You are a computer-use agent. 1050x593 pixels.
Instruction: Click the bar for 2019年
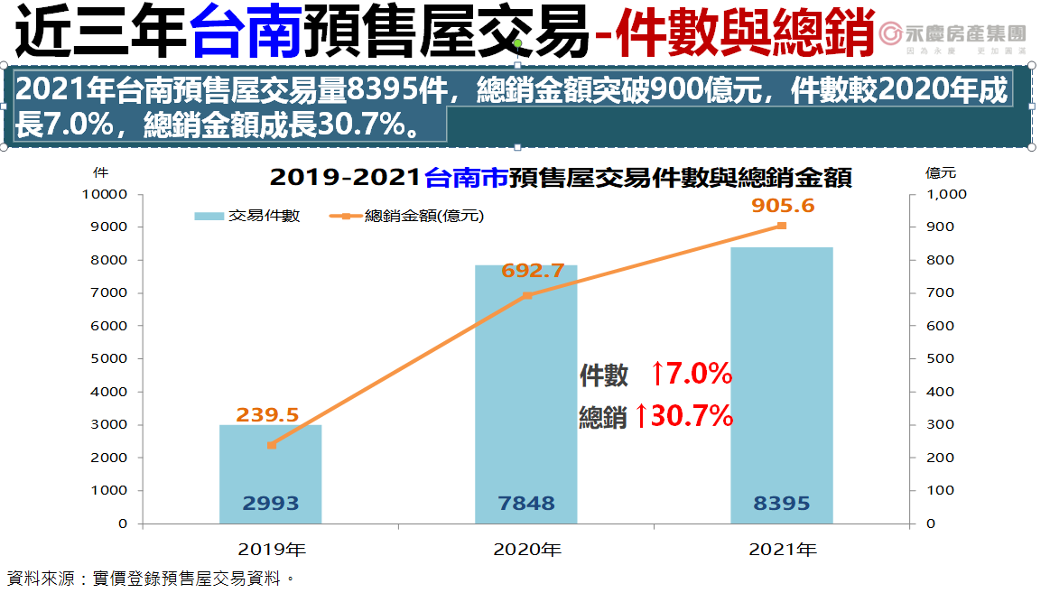pyautogui.click(x=271, y=474)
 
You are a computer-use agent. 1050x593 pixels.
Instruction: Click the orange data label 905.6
pyautogui.click(x=783, y=206)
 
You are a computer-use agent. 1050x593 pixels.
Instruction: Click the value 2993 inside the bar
pyautogui.click(x=271, y=504)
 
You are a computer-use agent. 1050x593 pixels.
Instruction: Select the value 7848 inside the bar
pyautogui.click(x=526, y=504)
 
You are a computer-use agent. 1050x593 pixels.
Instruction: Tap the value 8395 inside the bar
pyautogui.click(x=782, y=504)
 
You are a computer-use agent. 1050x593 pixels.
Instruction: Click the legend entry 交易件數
pyautogui.click(x=248, y=216)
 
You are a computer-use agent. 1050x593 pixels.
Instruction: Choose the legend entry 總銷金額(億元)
pyautogui.click(x=412, y=216)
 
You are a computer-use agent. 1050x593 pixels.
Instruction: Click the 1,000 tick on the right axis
pyautogui.click(x=947, y=194)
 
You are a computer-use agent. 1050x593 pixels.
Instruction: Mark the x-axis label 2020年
pyautogui.click(x=526, y=548)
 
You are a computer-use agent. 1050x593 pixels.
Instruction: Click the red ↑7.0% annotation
pyautogui.click(x=691, y=373)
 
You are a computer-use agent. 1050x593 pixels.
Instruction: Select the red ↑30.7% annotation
pyautogui.click(x=683, y=416)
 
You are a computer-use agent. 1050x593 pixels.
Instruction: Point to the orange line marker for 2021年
pyautogui.click(x=782, y=226)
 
